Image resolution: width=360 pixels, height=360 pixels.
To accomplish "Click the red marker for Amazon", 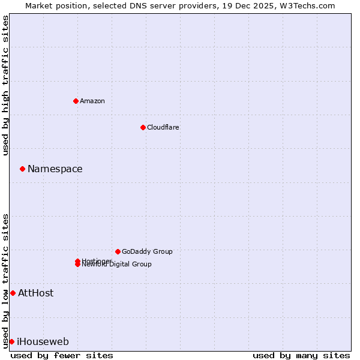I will coord(76,101).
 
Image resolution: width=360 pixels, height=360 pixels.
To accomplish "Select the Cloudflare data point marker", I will coord(143,127).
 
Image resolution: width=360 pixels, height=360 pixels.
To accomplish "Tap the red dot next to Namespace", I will coord(22,169).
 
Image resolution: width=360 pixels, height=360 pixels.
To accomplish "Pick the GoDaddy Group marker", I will coord(118,251).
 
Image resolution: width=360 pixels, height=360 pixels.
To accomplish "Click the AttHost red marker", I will coord(13,293).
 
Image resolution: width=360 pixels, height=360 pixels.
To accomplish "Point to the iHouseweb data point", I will coord(11,341).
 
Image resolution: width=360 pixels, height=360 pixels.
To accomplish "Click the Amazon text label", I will coord(92,101).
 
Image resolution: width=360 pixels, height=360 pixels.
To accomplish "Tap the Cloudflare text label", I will coord(163,127).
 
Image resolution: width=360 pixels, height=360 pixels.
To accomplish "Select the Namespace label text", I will coord(55,169).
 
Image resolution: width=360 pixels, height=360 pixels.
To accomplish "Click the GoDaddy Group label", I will coord(147,251).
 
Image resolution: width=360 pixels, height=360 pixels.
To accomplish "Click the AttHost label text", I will coord(36,293).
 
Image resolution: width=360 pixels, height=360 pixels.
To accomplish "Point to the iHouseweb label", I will coord(43,342).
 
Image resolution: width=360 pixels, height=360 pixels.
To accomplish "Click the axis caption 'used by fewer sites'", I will coord(62,355).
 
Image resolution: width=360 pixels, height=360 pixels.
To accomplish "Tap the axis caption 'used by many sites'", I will coord(301,355).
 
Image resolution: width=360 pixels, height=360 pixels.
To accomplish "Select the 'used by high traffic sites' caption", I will coord(5,85).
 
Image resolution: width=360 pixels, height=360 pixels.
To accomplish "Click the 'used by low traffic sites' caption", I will coord(5,281).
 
